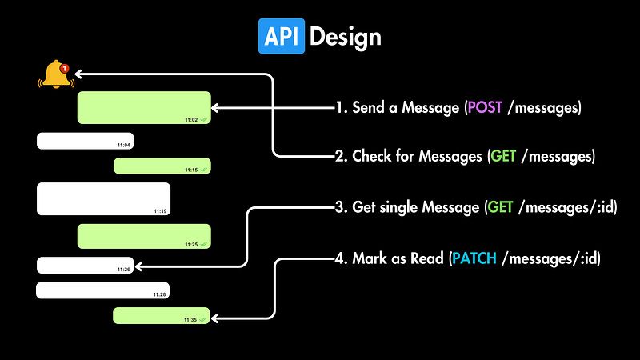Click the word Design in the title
coord(345,37)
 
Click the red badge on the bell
coord(65,67)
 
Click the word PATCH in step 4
coord(474,258)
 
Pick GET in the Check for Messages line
coord(503,157)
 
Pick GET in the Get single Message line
coord(500,207)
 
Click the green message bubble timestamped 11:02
coord(144,107)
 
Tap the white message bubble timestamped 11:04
coord(85,141)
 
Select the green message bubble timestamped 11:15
coord(162,166)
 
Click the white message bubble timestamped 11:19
coord(104,198)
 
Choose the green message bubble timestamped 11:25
coord(144,236)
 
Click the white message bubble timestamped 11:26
coord(85,265)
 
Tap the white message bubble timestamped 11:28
coord(102,290)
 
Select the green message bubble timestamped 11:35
coord(162,315)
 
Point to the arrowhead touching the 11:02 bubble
coord(217,107)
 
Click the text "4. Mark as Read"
coord(390,258)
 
